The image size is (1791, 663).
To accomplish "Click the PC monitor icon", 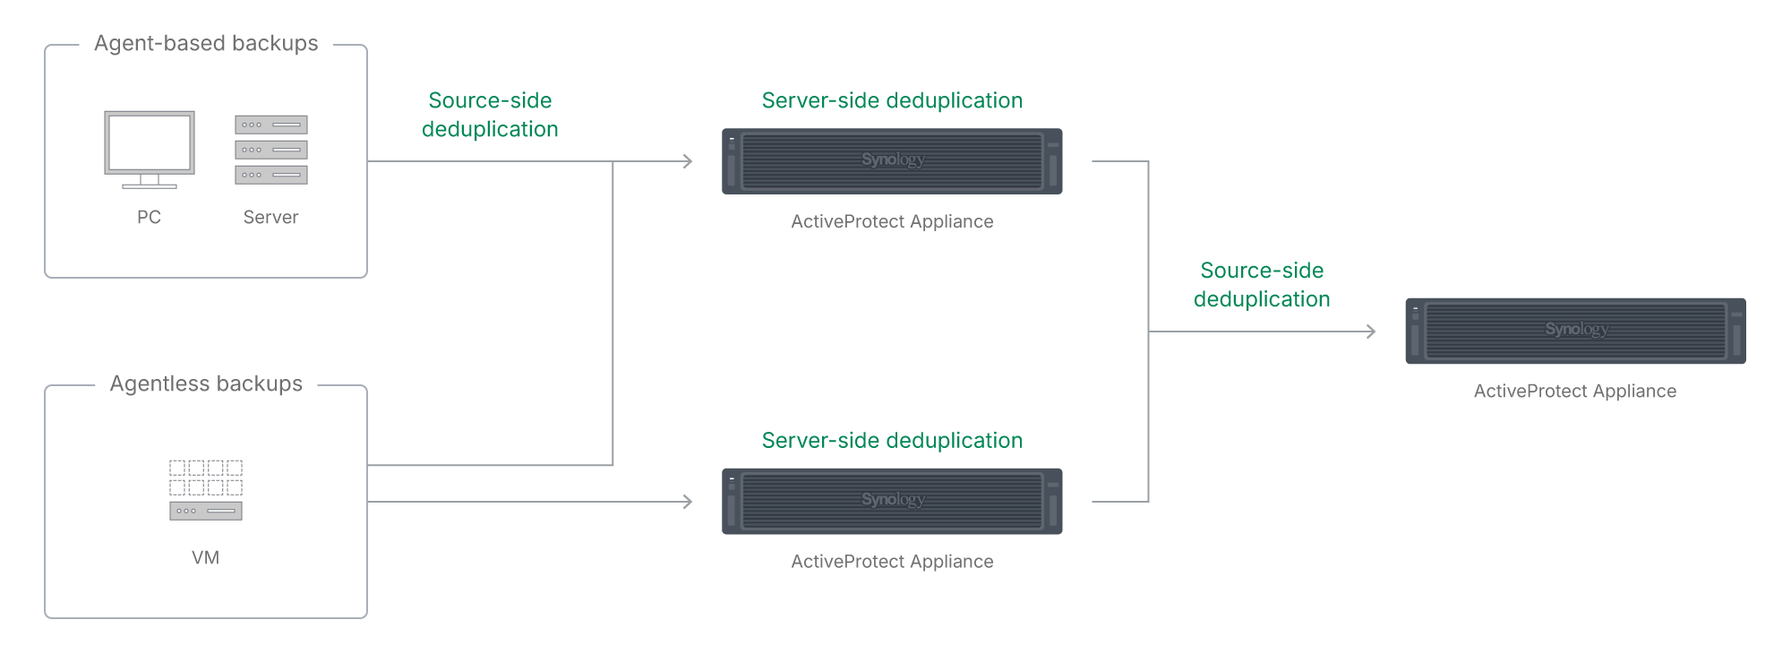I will (150, 148).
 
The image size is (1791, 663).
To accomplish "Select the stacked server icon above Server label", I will (271, 150).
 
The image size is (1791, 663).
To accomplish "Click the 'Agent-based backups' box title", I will (206, 44).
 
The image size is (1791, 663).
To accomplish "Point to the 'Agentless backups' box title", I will (206, 384).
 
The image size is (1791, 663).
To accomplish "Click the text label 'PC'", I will (150, 218).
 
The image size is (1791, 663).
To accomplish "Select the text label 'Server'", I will (270, 218).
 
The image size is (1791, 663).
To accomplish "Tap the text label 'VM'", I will (206, 558).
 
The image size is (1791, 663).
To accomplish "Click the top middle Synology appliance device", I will (892, 161).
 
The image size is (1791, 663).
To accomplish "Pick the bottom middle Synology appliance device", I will (892, 502).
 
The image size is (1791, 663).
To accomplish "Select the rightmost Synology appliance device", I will (1575, 331).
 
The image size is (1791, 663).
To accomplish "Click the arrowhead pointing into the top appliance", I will (688, 161).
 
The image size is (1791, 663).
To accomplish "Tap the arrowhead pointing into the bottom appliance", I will (688, 502).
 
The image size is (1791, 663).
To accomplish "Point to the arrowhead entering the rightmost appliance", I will (1370, 331).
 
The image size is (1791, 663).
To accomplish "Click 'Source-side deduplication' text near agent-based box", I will (490, 115).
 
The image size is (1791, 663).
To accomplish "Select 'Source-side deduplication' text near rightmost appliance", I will (1262, 285).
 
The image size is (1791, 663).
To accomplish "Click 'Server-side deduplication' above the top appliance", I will (892, 100).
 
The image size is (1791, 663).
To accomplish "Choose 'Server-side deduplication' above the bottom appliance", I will (892, 441).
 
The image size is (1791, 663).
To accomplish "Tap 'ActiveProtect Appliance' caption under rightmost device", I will (1575, 392).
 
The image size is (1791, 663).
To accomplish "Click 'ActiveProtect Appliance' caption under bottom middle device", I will (892, 562).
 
